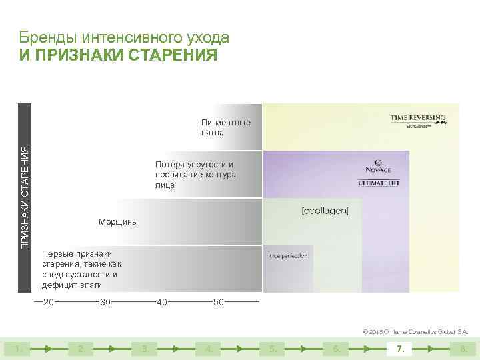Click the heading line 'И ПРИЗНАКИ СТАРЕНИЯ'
(x=118, y=55)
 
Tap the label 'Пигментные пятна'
(x=226, y=127)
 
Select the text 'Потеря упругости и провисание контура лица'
(x=195, y=175)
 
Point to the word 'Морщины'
(x=118, y=222)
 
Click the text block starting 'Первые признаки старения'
(x=81, y=269)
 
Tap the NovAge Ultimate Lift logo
(x=379, y=173)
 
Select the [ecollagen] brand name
(x=325, y=211)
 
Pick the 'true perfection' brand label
(x=288, y=256)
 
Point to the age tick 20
(x=48, y=303)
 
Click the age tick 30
(x=105, y=303)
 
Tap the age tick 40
(x=161, y=303)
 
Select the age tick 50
(x=218, y=303)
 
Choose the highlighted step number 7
(x=400, y=348)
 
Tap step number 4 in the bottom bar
(x=209, y=348)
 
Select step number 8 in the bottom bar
(x=463, y=348)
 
